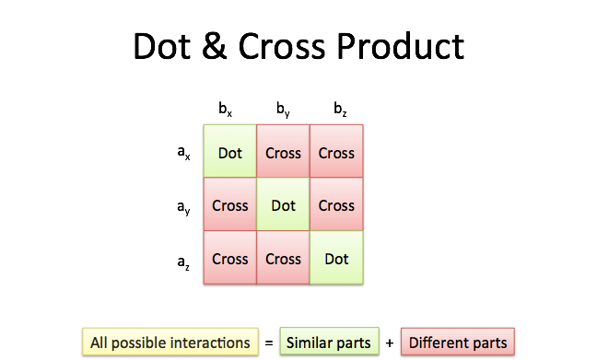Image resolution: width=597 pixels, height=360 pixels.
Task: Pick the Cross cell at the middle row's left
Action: [x=230, y=204]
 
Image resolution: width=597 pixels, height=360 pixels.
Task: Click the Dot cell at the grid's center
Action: [x=283, y=204]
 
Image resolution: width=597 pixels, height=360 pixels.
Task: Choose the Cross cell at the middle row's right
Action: [x=336, y=204]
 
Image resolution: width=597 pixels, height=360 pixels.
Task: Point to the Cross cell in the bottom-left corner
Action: [x=230, y=258]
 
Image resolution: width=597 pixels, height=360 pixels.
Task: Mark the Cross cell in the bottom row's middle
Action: [x=283, y=258]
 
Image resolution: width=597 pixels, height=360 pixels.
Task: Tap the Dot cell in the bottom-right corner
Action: [x=336, y=258]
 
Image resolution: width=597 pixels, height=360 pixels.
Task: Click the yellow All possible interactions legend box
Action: [x=170, y=342]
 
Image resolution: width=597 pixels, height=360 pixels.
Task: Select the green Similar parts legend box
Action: [x=329, y=342]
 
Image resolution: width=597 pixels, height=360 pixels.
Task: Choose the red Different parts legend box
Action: [x=458, y=342]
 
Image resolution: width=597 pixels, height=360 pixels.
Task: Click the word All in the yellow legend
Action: [x=99, y=343]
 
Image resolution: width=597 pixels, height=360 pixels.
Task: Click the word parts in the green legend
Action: [x=355, y=343]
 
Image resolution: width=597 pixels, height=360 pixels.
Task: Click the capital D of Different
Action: [x=414, y=343]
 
